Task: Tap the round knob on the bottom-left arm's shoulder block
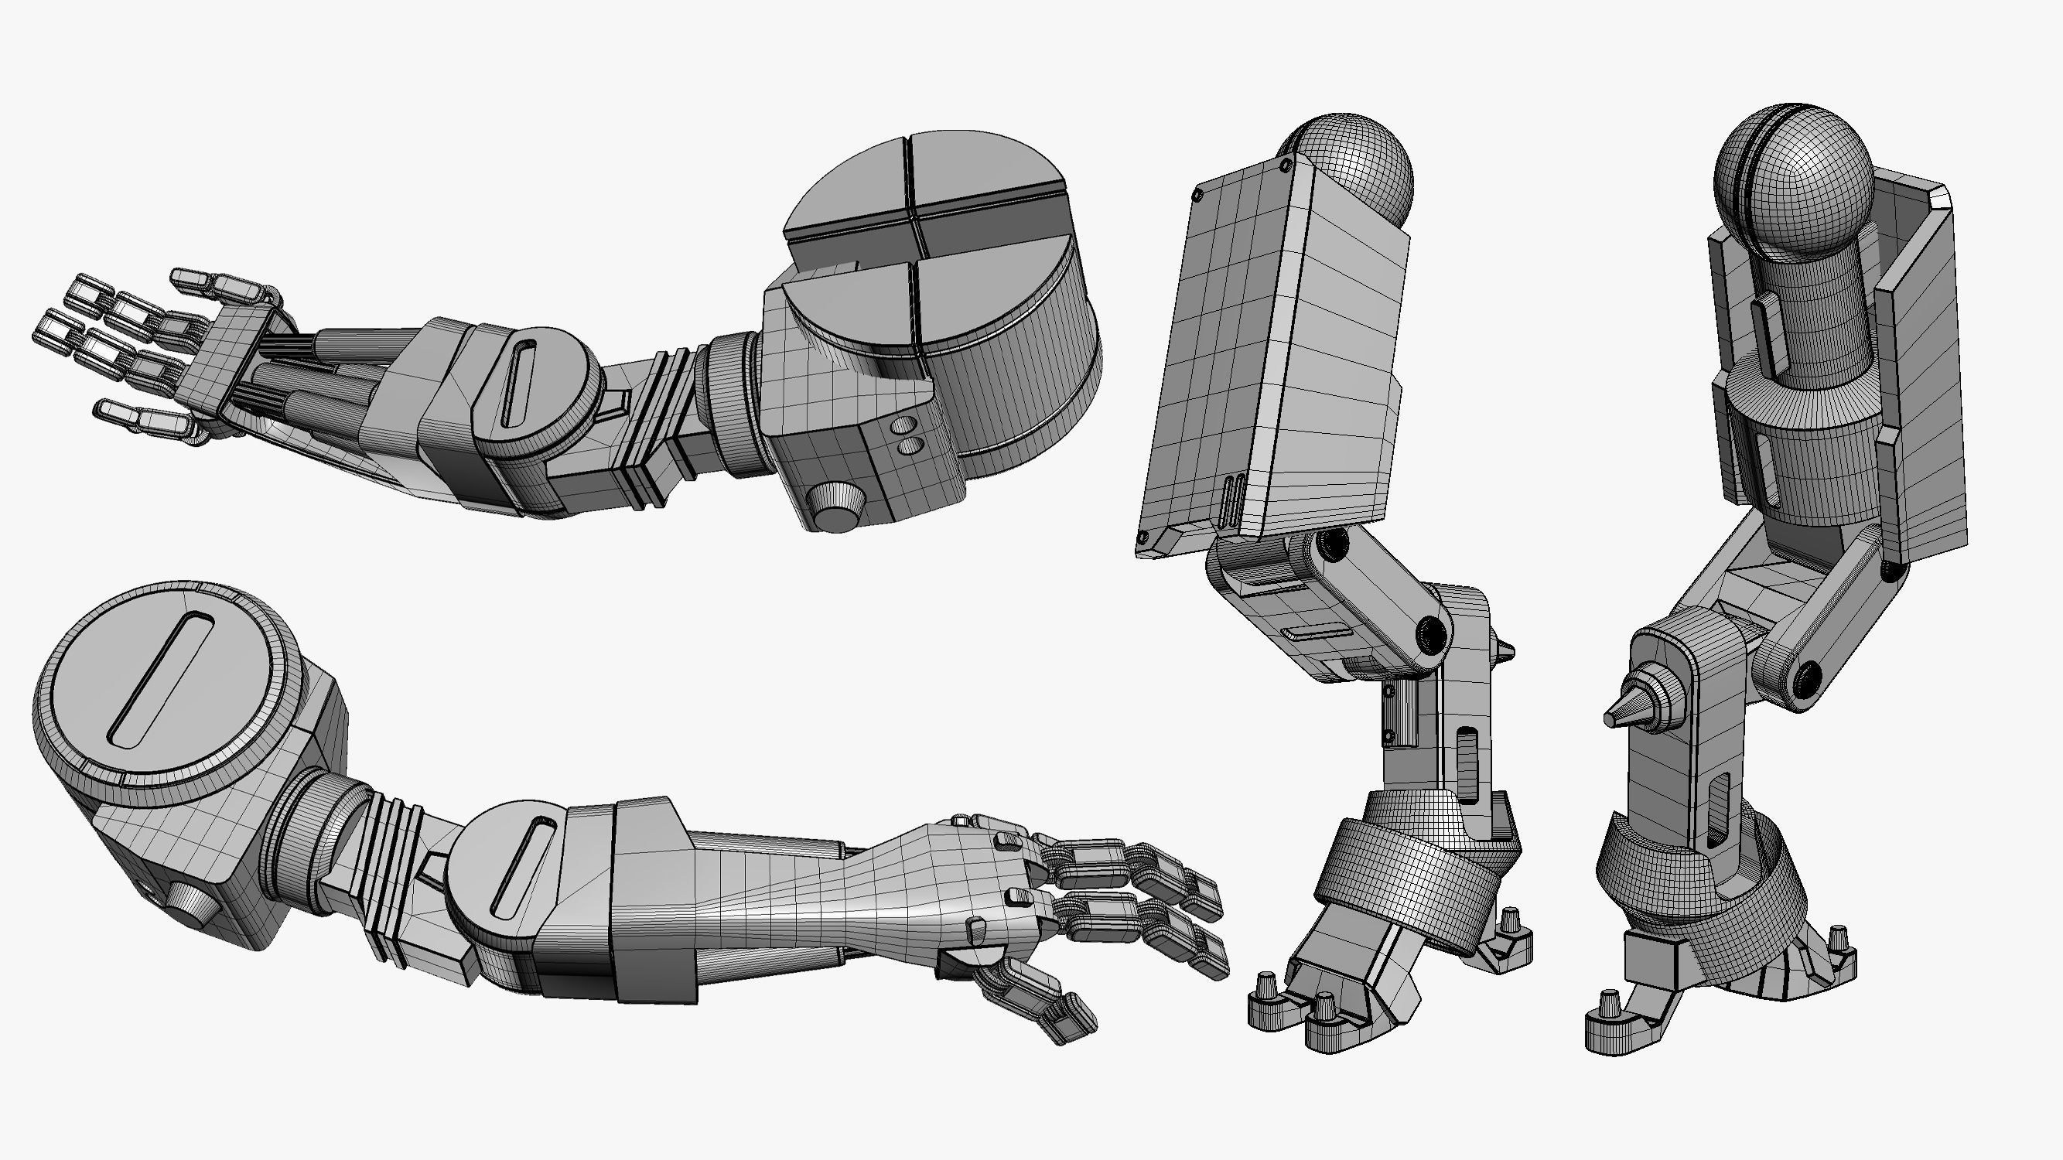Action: [192, 905]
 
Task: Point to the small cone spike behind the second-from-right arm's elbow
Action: [1503, 649]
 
